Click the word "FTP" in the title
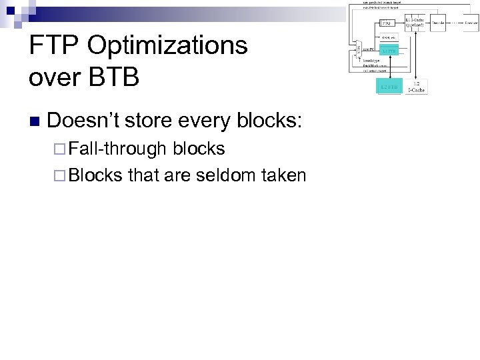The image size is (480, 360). (x=53, y=46)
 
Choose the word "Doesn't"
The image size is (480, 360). (x=83, y=121)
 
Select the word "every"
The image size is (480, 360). (x=203, y=121)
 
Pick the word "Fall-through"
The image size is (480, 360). (x=118, y=149)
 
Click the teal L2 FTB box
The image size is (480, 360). (x=389, y=87)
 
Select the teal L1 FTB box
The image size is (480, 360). (x=389, y=50)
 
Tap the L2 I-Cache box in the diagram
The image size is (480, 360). (x=416, y=86)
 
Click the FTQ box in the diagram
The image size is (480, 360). (x=386, y=22)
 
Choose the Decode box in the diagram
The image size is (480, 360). (x=438, y=22)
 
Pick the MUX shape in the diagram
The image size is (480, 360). (x=358, y=51)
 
